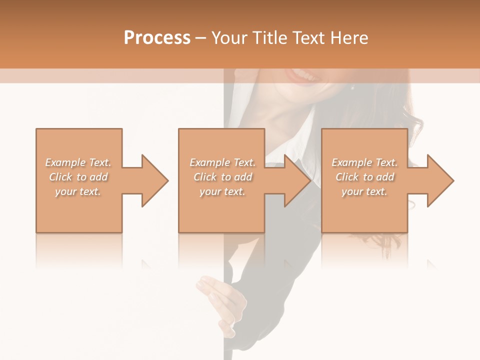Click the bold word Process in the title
point(157,37)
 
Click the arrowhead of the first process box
point(153,180)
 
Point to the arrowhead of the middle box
point(295,180)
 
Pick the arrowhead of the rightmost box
point(438,180)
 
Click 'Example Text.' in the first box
point(78,162)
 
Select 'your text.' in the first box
point(78,191)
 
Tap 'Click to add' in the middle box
point(222,177)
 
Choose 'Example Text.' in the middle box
point(222,162)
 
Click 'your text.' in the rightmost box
point(364,191)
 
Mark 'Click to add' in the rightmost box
point(364,177)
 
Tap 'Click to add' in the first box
point(78,177)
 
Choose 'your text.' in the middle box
point(222,191)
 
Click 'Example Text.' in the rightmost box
point(364,162)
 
